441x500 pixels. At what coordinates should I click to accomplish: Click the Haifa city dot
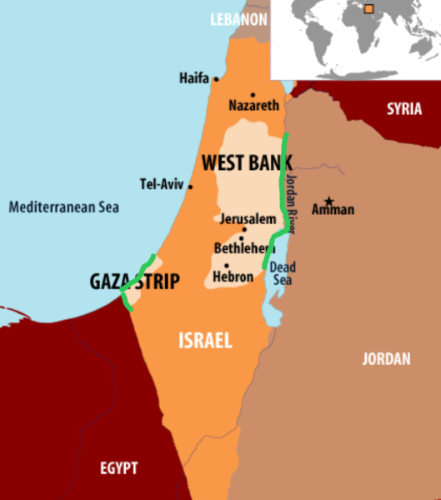click(216, 79)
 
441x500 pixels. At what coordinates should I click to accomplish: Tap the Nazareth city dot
click(253, 95)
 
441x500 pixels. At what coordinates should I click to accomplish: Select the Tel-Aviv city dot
click(190, 186)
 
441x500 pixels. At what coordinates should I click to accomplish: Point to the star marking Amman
click(330, 201)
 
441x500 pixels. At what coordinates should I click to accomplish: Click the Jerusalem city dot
click(244, 229)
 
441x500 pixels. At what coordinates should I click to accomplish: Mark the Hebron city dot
click(227, 266)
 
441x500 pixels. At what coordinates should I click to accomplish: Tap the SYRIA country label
click(403, 109)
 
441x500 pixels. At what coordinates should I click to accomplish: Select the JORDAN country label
click(386, 359)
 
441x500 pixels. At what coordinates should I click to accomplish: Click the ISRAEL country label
click(205, 340)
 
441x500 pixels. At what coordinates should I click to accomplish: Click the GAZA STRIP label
click(134, 282)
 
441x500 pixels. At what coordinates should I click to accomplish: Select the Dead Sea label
click(283, 275)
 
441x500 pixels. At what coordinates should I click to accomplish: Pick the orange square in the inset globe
click(368, 10)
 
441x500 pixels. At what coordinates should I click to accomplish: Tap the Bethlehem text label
click(244, 248)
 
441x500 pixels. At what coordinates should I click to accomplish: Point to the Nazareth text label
click(253, 107)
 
